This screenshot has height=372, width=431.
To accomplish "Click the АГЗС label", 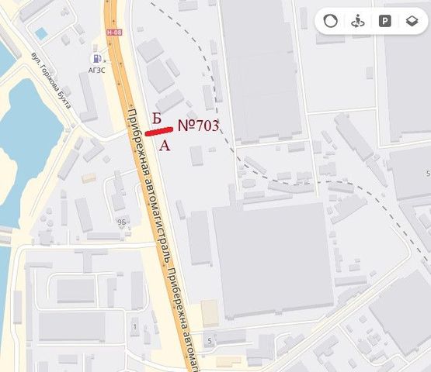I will click(98, 70).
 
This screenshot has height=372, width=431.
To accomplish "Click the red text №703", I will click(199, 126).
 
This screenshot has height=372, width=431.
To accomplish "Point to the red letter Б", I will click(156, 118).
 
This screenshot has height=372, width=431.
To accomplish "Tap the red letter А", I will click(164, 145).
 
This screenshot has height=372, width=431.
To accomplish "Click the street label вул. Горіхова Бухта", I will click(51, 80).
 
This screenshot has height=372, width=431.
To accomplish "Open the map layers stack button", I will click(411, 21).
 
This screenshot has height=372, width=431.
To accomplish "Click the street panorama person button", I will click(358, 21).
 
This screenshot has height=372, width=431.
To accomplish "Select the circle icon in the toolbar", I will click(331, 21).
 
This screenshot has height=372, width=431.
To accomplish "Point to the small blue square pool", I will click(40, 33).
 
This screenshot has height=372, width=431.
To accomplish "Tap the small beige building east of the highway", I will click(210, 313).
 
